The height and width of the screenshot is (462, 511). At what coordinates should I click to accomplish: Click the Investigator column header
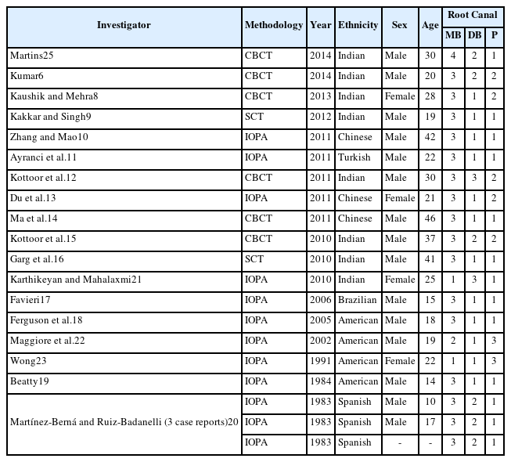click(x=124, y=25)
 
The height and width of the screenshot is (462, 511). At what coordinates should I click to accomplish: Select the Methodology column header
click(x=273, y=25)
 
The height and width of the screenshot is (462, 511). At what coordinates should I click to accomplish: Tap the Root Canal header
click(x=472, y=15)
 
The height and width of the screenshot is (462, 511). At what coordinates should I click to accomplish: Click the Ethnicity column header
click(x=358, y=25)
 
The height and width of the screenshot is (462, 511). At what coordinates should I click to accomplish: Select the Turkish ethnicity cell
click(x=354, y=157)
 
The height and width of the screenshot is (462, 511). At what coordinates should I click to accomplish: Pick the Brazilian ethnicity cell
click(x=358, y=300)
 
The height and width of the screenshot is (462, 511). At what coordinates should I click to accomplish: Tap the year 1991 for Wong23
click(x=321, y=361)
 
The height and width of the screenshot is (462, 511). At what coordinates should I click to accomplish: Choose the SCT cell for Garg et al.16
click(x=255, y=259)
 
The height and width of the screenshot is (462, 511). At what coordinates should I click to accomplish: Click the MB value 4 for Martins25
click(x=452, y=56)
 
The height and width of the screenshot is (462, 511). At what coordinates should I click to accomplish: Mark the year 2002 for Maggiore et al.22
click(x=321, y=341)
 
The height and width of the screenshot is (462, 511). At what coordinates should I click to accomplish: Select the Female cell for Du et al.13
click(x=400, y=198)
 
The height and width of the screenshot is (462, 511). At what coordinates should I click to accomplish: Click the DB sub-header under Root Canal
click(x=474, y=35)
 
